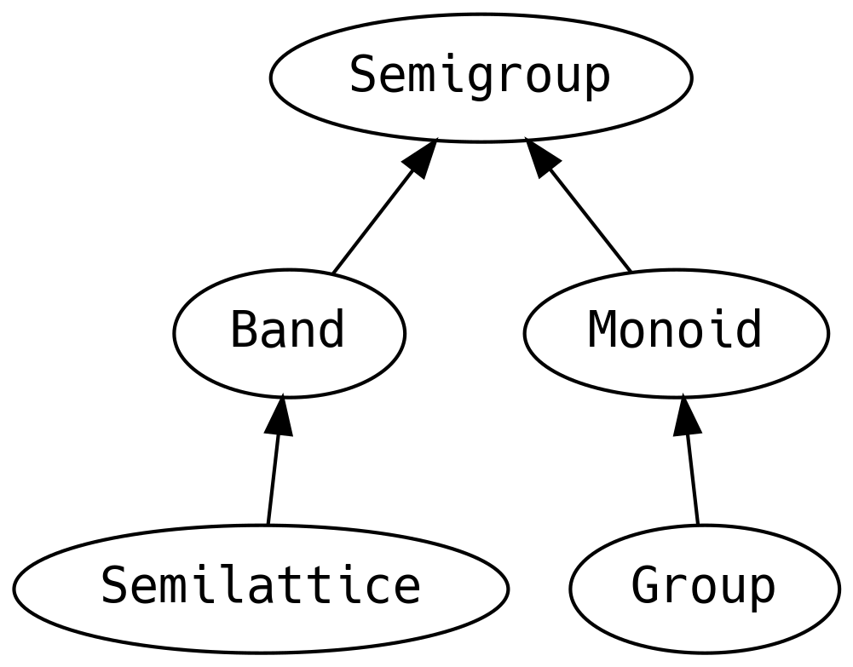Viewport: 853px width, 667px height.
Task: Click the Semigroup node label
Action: [x=480, y=76]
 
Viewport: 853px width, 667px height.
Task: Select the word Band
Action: [x=288, y=329]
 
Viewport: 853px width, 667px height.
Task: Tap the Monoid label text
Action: [x=675, y=329]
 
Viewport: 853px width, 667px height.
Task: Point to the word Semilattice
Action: [x=261, y=585]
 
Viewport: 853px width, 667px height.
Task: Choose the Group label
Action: [x=703, y=586]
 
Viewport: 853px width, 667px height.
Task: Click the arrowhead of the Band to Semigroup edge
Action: [x=419, y=158]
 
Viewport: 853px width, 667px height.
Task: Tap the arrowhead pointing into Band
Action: [x=280, y=416]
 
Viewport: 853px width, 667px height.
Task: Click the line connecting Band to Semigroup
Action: [x=373, y=221]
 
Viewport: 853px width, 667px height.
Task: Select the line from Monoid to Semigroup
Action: [x=590, y=221]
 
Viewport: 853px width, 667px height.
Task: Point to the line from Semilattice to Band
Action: [x=273, y=480]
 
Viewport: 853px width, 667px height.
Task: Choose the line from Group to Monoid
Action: [x=692, y=480]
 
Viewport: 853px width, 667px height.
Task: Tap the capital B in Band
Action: [x=245, y=329]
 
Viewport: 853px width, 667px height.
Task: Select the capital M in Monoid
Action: [x=602, y=329]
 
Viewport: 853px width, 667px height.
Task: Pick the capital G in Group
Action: [x=645, y=585]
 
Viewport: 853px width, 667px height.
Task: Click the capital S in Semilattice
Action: [x=115, y=585]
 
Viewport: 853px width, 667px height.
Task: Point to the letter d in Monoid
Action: [x=747, y=329]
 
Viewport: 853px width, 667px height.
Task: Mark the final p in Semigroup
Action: [x=597, y=81]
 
